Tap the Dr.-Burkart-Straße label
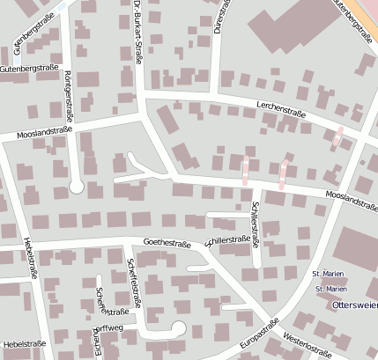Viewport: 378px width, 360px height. pos(138,33)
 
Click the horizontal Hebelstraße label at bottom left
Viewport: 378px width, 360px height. pos(23,343)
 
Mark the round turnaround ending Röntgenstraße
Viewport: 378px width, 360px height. pos(77,187)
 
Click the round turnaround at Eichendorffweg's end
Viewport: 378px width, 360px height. pos(179,329)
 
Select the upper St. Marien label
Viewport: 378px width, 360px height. pos(330,275)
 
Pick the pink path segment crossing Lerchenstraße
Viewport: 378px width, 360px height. pos(337,136)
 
